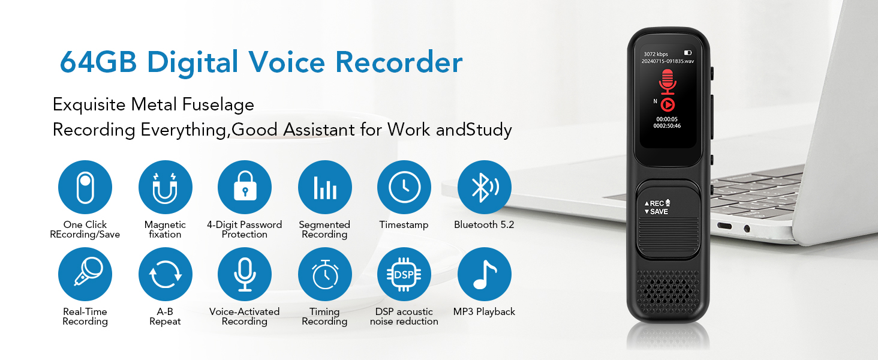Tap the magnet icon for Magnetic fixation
pyautogui.click(x=165, y=187)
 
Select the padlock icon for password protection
pyautogui.click(x=245, y=187)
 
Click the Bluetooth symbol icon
pyautogui.click(x=484, y=187)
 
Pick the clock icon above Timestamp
pyautogui.click(x=404, y=187)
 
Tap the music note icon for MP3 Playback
pyautogui.click(x=484, y=274)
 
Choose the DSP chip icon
pyautogui.click(x=404, y=274)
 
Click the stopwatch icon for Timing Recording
pyautogui.click(x=324, y=274)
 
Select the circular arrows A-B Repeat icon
pyautogui.click(x=165, y=274)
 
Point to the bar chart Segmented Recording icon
pyautogui.click(x=324, y=187)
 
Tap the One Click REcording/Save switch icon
pyautogui.click(x=85, y=187)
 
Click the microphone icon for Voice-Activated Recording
pyautogui.click(x=245, y=274)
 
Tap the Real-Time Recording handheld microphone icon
pyautogui.click(x=85, y=274)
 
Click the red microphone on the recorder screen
pyautogui.click(x=667, y=82)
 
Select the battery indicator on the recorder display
pyautogui.click(x=687, y=53)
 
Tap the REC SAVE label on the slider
pyautogui.click(x=657, y=208)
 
